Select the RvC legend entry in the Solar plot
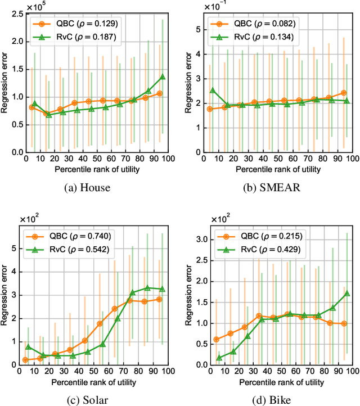pyautogui.click(x=73, y=248)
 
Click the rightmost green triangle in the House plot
pyautogui.click(x=163, y=77)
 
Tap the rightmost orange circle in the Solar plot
pyautogui.click(x=160, y=299)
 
